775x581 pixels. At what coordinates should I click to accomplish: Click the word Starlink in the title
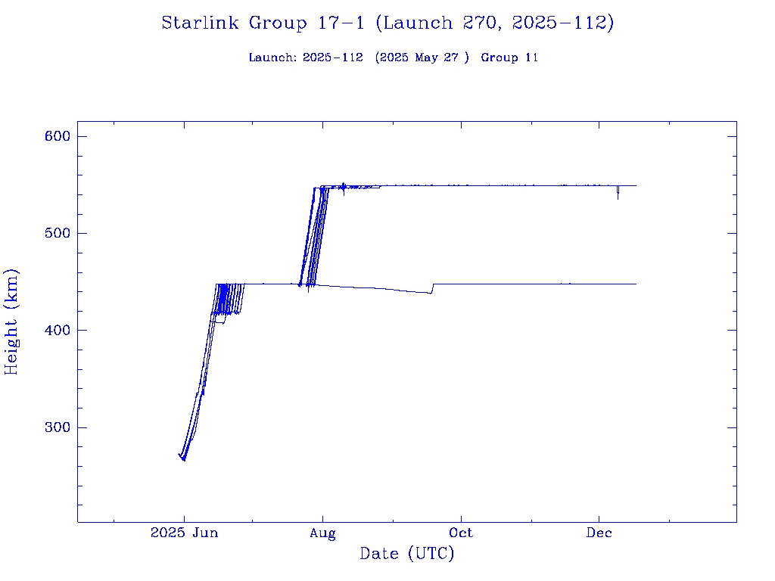pos(201,23)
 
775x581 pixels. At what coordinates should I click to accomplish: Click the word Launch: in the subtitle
pos(272,57)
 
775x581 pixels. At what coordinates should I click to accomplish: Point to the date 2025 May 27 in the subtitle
pos(422,57)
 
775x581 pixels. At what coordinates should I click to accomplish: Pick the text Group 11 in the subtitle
pos(509,57)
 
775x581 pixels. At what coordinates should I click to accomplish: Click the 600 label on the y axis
pos(56,136)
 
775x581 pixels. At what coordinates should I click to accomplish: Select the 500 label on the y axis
pos(56,233)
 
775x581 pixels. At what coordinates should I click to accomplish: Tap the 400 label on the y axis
pos(56,331)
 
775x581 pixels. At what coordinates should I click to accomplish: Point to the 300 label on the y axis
pos(56,427)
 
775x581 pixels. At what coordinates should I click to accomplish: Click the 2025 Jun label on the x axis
pos(184,533)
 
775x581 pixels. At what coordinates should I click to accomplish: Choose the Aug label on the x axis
pos(322,533)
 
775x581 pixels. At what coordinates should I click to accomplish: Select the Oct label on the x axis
pos(460,533)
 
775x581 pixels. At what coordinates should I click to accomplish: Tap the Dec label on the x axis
pos(599,533)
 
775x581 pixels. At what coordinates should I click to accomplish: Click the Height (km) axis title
pos(12,322)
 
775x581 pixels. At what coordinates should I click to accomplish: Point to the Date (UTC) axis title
pos(407,555)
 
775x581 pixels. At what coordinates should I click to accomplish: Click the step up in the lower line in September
pos(432,288)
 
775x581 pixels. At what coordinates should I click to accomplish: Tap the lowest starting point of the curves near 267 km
pos(184,459)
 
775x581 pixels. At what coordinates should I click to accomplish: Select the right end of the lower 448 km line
pos(636,284)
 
